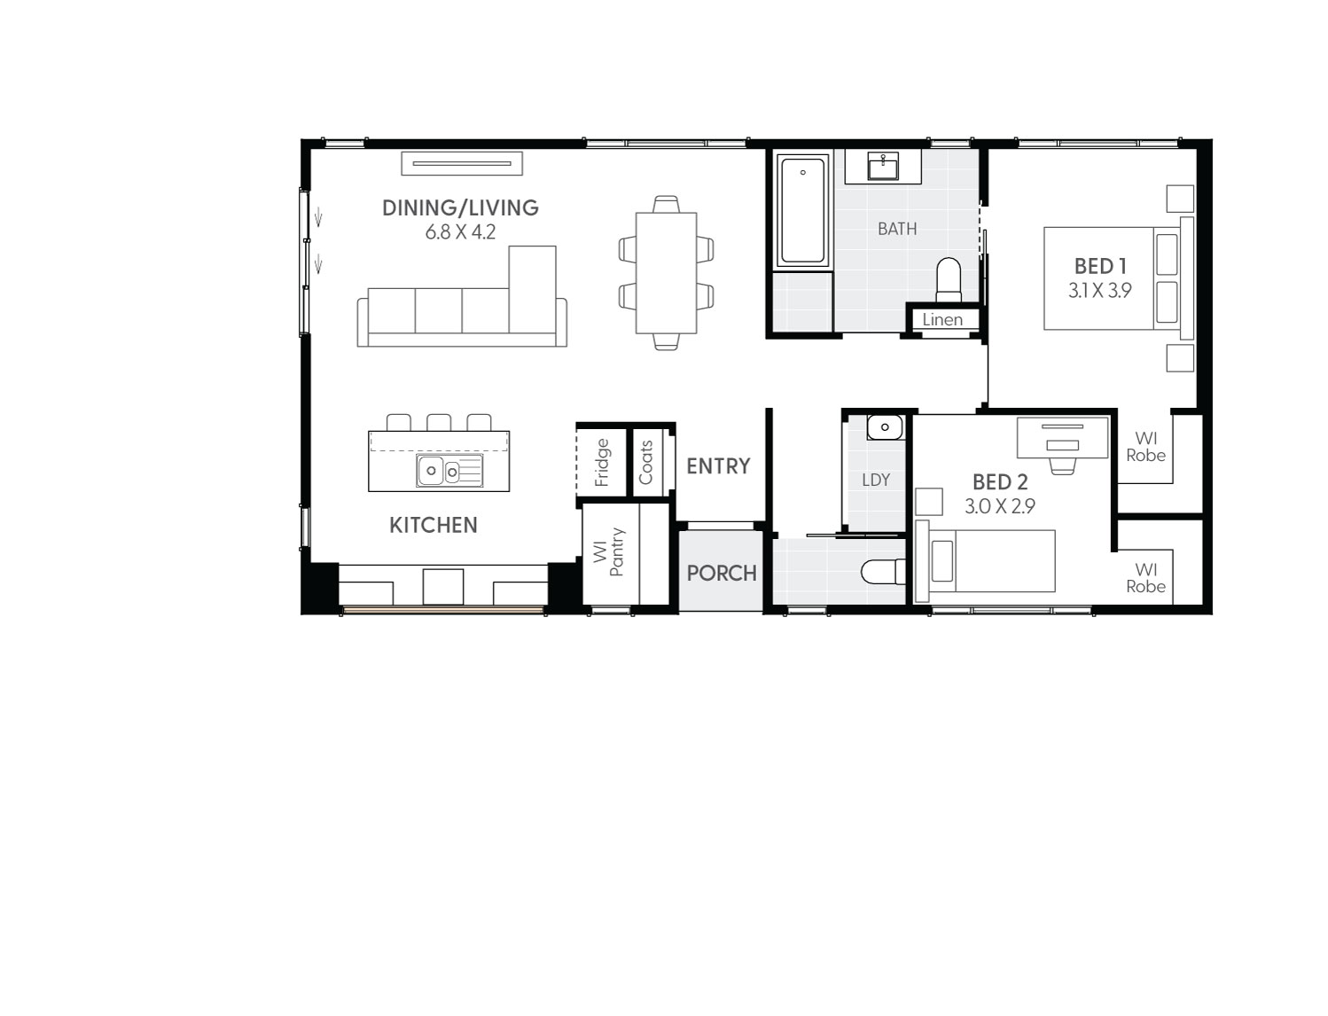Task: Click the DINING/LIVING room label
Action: (x=460, y=207)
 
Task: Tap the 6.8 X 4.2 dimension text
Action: (x=460, y=232)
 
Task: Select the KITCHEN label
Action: (x=434, y=525)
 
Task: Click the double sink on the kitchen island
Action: (x=449, y=471)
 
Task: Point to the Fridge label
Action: (x=602, y=462)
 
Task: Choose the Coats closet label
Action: (x=645, y=462)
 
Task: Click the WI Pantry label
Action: (x=610, y=552)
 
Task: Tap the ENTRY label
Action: (x=718, y=465)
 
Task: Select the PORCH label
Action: (x=722, y=573)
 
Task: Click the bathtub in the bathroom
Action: (x=803, y=211)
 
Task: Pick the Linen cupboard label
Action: (x=942, y=320)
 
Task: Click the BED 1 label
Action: (x=1100, y=266)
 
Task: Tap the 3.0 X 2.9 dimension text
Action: (x=1000, y=506)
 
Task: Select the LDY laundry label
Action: (x=876, y=480)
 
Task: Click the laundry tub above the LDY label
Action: (x=884, y=428)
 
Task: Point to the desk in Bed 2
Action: (x=1062, y=437)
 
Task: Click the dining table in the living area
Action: (x=666, y=272)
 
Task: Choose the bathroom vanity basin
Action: (x=884, y=166)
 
